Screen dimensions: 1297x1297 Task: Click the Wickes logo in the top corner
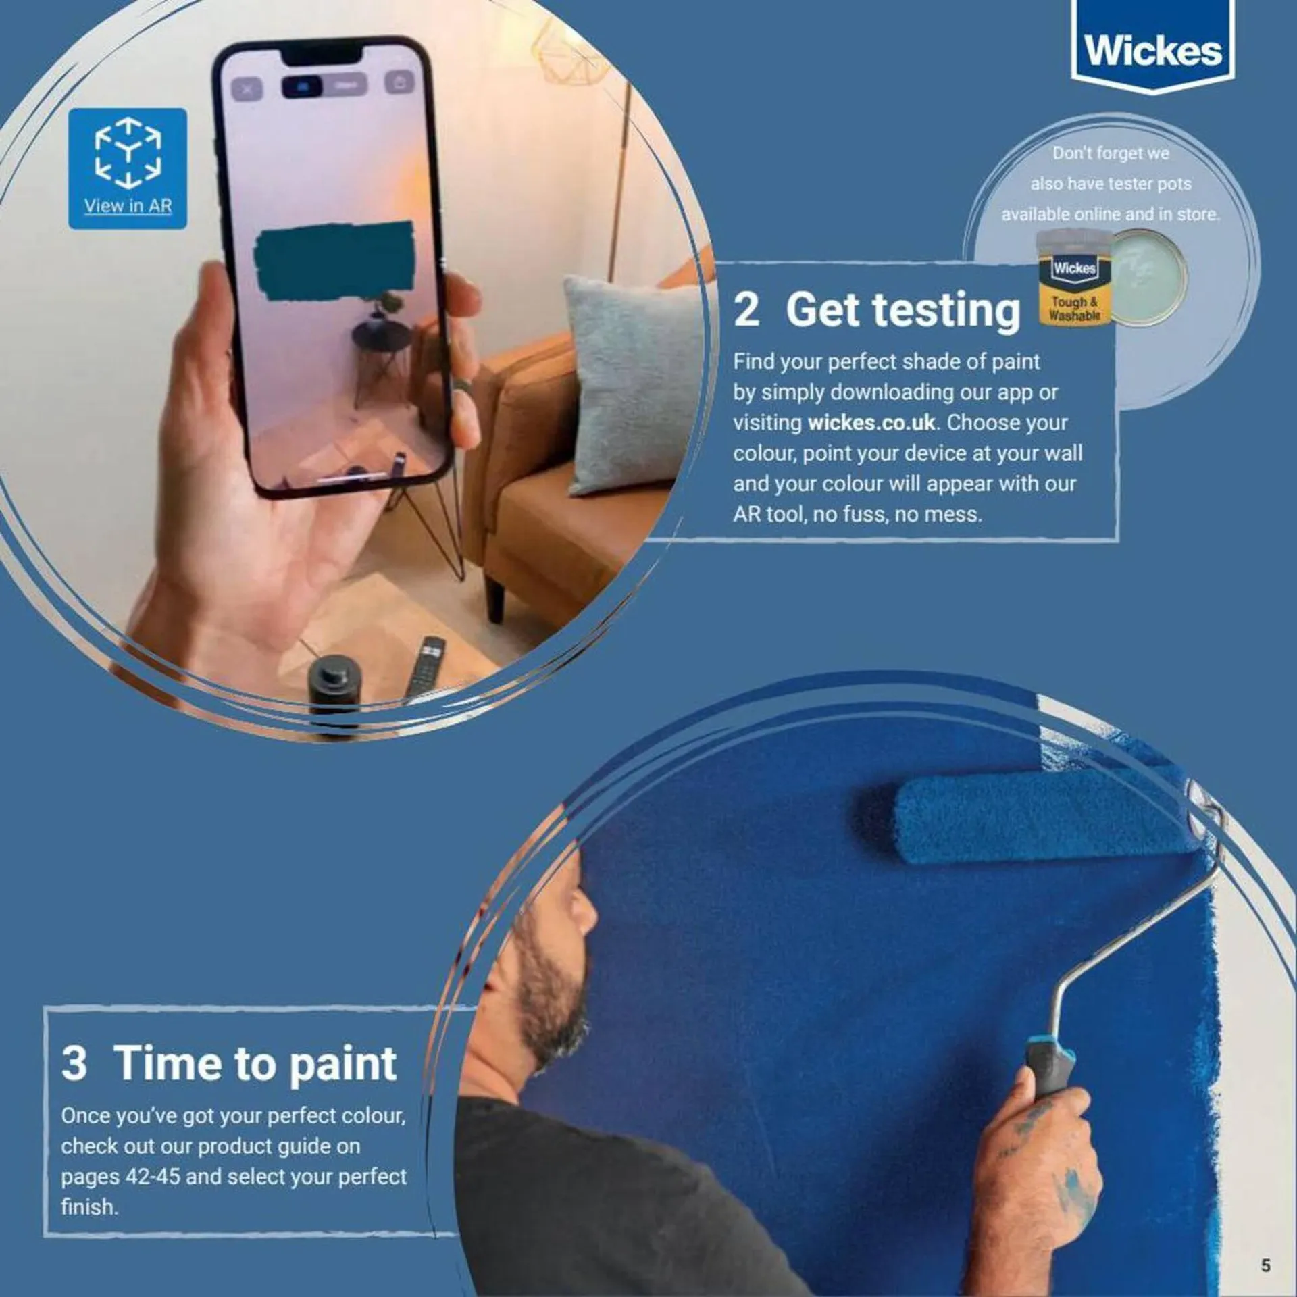(x=1152, y=51)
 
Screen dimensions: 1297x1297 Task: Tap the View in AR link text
(x=128, y=206)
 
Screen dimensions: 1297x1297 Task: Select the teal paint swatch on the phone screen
(x=334, y=260)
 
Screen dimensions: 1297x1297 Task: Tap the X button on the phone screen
(x=247, y=88)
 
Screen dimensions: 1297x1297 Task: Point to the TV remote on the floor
(x=424, y=665)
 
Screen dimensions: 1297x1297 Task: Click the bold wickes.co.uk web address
(x=871, y=423)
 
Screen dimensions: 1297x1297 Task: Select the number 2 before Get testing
(x=746, y=310)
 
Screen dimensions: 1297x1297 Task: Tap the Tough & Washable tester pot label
(x=1073, y=309)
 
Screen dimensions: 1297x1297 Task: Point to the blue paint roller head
(x=1034, y=821)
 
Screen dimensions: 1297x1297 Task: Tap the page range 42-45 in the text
(x=153, y=1176)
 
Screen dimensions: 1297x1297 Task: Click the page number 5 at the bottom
(x=1265, y=1265)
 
